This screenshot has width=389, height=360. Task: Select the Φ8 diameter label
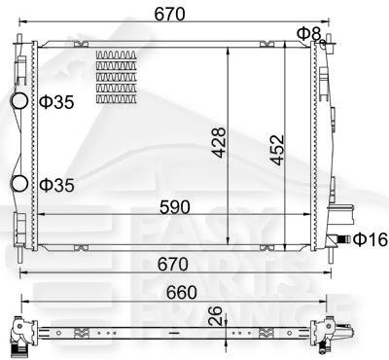(308, 33)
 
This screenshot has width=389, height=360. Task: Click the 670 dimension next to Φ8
(177, 13)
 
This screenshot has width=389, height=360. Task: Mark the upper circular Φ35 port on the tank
(19, 100)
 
